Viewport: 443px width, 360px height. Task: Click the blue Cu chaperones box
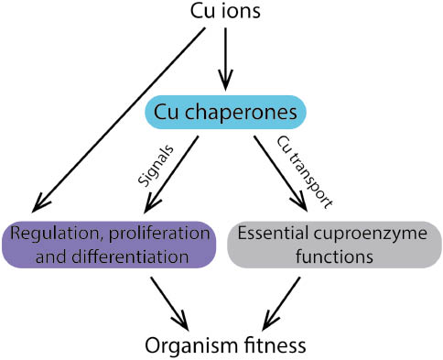223,113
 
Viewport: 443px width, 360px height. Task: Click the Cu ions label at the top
223,14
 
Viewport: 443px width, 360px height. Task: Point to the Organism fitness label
224,345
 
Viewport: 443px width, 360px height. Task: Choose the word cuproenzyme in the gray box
368,233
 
